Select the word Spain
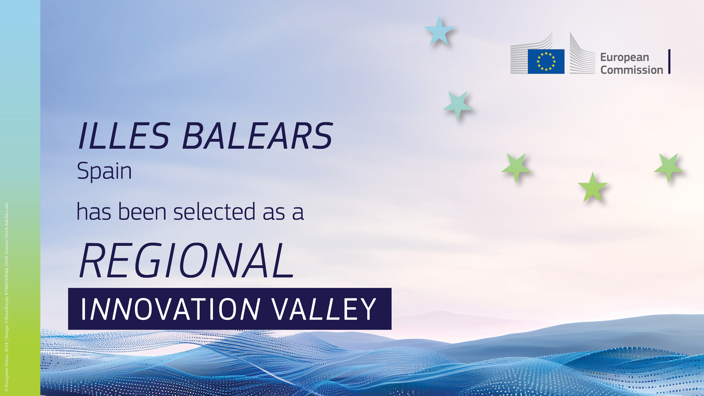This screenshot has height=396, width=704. tap(104, 171)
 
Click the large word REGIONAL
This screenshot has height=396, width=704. tap(187, 260)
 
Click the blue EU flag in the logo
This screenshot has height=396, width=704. tap(546, 61)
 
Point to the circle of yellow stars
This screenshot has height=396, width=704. tap(546, 61)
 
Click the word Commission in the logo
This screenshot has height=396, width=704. tap(632, 70)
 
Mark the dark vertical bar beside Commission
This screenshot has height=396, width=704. tap(669, 61)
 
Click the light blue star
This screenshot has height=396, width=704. tap(439, 31)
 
